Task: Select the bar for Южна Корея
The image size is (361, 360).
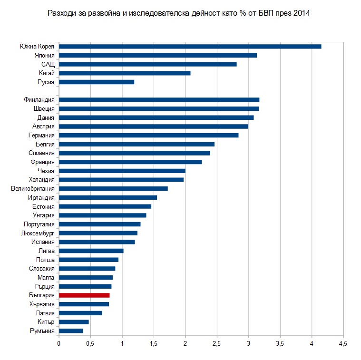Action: pyautogui.click(x=190, y=46)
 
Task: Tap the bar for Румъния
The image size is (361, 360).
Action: pyautogui.click(x=71, y=331)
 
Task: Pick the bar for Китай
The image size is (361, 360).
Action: pyautogui.click(x=125, y=73)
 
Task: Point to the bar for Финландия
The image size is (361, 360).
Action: pyautogui.click(x=159, y=100)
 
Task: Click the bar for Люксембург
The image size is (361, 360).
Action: pyautogui.click(x=98, y=233)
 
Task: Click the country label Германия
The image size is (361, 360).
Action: pyautogui.click(x=41, y=135)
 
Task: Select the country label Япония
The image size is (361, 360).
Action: pyautogui.click(x=45, y=55)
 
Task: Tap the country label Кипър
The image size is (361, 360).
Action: pyautogui.click(x=46, y=322)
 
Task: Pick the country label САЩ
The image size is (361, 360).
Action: pyautogui.click(x=48, y=64)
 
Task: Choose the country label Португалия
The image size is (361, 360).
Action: pyautogui.click(x=39, y=224)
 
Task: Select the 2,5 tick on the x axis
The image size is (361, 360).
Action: pyautogui.click(x=216, y=343)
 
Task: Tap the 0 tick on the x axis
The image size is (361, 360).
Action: pyautogui.click(x=59, y=343)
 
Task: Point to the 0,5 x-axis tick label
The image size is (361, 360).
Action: pyautogui.click(x=90, y=343)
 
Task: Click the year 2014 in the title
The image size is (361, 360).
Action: pyautogui.click(x=302, y=13)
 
